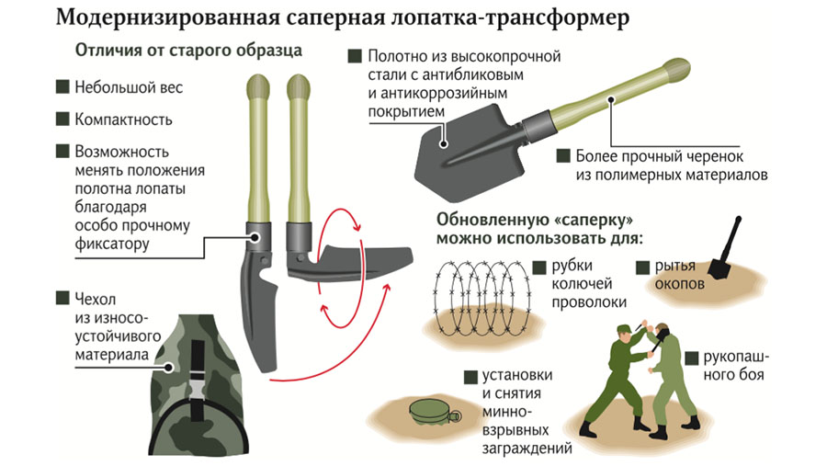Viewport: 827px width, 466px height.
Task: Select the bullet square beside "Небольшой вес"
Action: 62,88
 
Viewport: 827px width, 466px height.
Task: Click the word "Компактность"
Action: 124,119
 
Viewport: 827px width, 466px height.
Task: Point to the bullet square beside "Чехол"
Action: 62,298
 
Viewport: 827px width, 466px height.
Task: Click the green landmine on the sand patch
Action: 428,410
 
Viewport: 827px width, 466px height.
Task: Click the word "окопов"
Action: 681,284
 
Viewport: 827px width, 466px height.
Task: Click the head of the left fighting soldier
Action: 626,332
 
